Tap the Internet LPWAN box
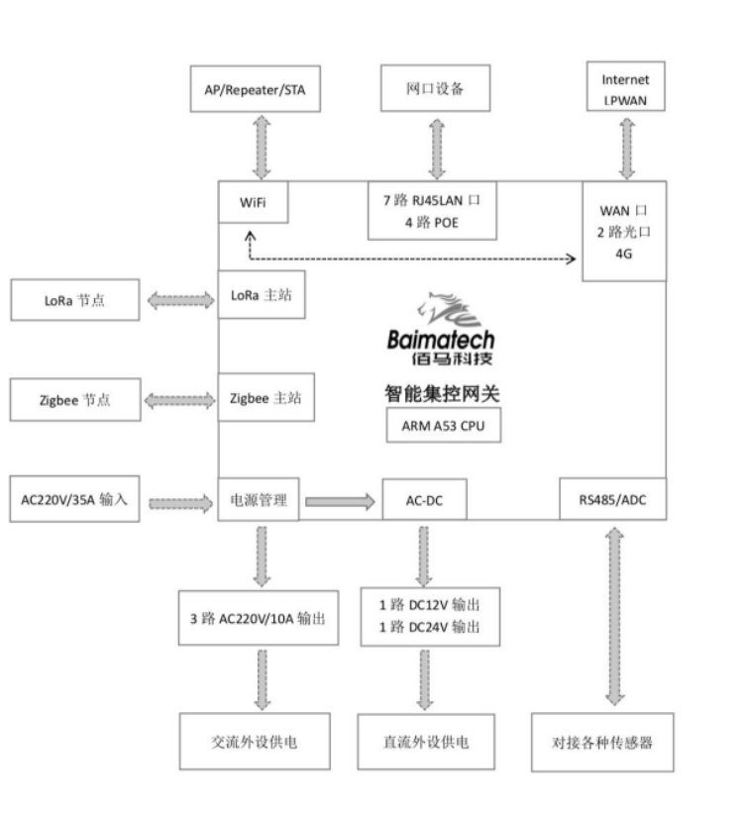(626, 86)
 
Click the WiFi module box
(252, 202)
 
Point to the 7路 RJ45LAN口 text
(431, 200)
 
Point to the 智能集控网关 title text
(442, 393)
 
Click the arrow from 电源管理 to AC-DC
(339, 502)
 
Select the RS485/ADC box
(612, 499)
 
